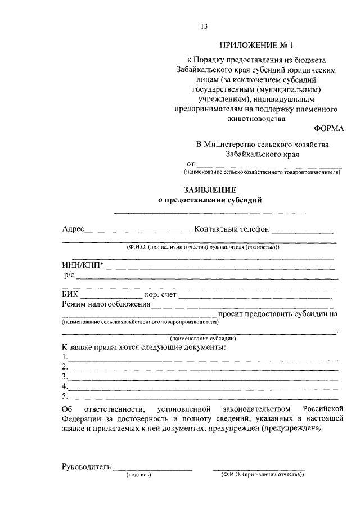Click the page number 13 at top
click(x=204, y=25)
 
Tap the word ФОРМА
click(x=327, y=129)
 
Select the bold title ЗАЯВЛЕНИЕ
click(x=209, y=190)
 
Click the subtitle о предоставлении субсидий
click(x=209, y=200)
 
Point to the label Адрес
click(x=73, y=229)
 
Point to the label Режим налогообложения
click(x=106, y=304)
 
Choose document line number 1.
click(x=202, y=358)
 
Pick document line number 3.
click(x=202, y=377)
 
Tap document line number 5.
click(x=202, y=397)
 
